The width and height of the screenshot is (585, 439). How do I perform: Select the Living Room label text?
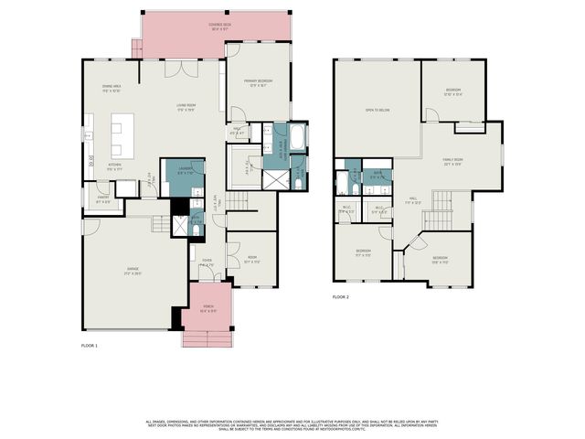point(187,107)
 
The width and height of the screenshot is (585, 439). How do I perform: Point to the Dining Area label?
point(112,89)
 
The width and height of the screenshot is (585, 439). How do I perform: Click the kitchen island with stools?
point(118,137)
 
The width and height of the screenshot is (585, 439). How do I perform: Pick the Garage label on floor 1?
point(133,271)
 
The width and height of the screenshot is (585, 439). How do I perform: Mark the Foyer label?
point(207,262)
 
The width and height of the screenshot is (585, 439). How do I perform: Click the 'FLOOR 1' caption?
point(89,346)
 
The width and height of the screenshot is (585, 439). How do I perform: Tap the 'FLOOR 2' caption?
point(341,297)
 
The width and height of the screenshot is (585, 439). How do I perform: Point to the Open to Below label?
point(378,110)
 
